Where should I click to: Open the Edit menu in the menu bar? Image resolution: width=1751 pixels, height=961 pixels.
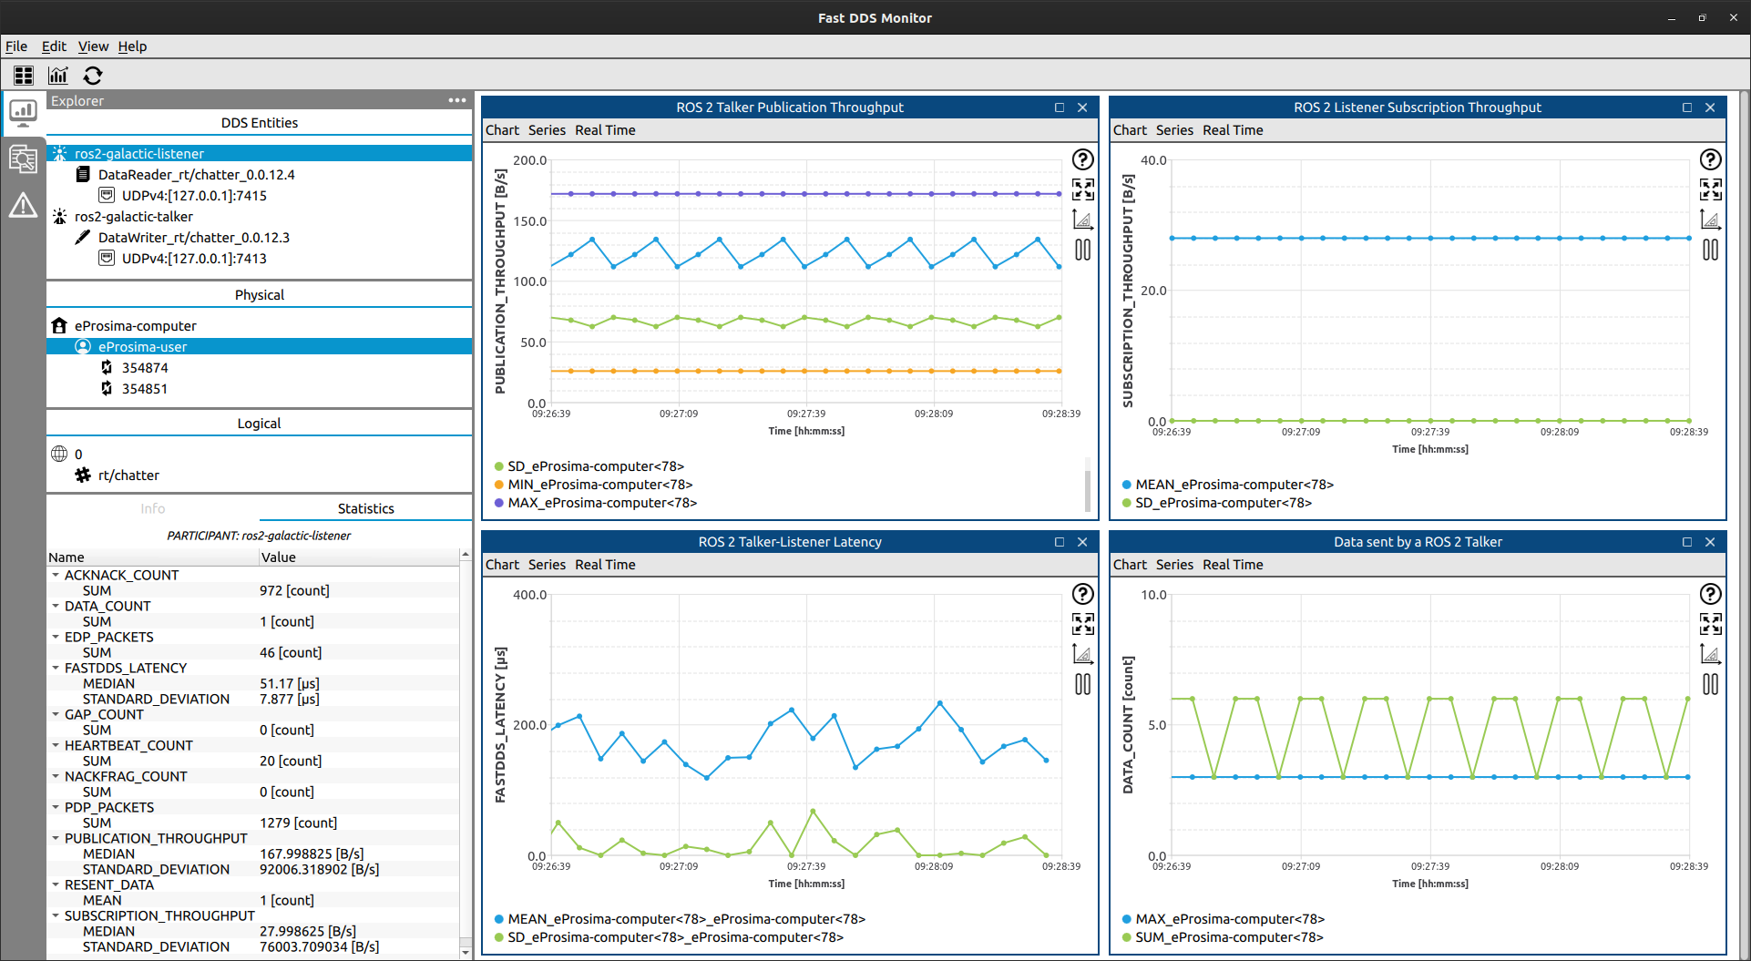(54, 46)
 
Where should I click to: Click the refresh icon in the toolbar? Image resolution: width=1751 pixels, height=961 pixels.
(93, 76)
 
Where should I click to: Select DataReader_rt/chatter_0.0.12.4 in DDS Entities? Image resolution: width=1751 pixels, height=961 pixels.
(196, 175)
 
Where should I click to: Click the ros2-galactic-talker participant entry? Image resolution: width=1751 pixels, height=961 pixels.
(133, 217)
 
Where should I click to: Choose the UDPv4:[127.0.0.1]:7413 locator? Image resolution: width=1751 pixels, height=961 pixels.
(194, 259)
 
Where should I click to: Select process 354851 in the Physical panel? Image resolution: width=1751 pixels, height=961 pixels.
(145, 389)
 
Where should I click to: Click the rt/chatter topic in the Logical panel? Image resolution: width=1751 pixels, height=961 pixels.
(128, 475)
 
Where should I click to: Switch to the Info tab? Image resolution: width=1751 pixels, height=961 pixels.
(153, 508)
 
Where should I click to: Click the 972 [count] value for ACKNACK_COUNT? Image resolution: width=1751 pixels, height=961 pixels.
(294, 590)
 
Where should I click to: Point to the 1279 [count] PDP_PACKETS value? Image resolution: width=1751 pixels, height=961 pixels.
(298, 823)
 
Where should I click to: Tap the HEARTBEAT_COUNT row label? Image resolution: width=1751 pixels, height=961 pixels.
(128, 745)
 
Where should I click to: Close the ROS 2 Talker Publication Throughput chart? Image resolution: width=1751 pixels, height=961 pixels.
(1082, 107)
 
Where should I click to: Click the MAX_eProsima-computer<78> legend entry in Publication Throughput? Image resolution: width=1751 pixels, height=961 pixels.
(602, 503)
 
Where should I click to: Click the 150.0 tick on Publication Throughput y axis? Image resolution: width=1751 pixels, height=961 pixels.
(529, 221)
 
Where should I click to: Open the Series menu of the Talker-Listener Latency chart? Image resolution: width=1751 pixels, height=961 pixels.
(547, 565)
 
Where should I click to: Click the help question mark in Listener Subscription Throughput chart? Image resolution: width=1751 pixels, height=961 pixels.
(1710, 159)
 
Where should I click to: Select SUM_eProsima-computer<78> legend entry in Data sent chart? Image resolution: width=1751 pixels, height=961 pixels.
(1229, 937)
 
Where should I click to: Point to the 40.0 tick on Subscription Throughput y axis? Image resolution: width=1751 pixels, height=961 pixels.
(1153, 160)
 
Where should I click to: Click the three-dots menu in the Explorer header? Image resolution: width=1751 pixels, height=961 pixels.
(457, 100)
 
